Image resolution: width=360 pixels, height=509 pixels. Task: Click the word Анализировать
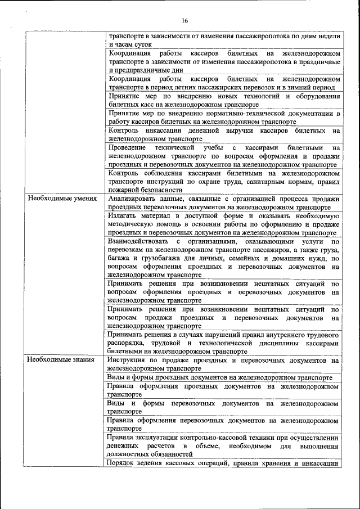pyautogui.click(x=133, y=199)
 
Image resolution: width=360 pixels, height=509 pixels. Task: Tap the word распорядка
pyautogui.click(x=127, y=343)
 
